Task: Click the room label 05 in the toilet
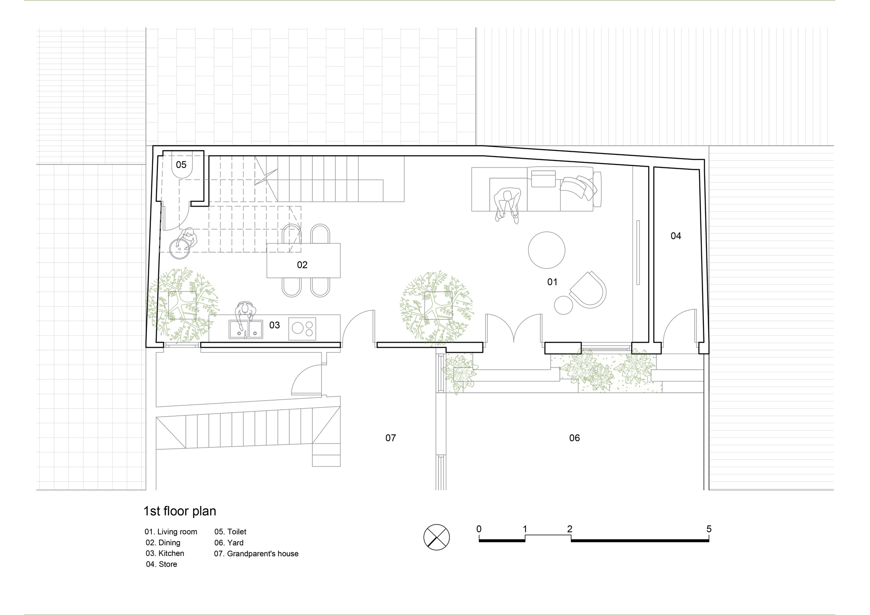(x=181, y=164)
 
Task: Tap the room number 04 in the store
(x=676, y=236)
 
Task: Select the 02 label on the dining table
(x=302, y=265)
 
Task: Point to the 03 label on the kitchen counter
(x=274, y=325)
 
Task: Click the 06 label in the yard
(x=575, y=438)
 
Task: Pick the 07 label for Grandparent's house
(x=391, y=438)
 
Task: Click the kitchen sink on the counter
(x=246, y=329)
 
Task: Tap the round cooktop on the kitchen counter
(x=302, y=328)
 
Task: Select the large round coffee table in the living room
(x=547, y=250)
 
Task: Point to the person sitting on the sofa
(x=507, y=204)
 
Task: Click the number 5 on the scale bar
(x=709, y=529)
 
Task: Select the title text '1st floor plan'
(x=180, y=511)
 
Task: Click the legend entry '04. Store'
(x=161, y=564)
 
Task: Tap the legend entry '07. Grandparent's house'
(x=256, y=554)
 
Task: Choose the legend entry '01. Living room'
(x=171, y=531)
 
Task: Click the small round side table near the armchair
(x=563, y=304)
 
